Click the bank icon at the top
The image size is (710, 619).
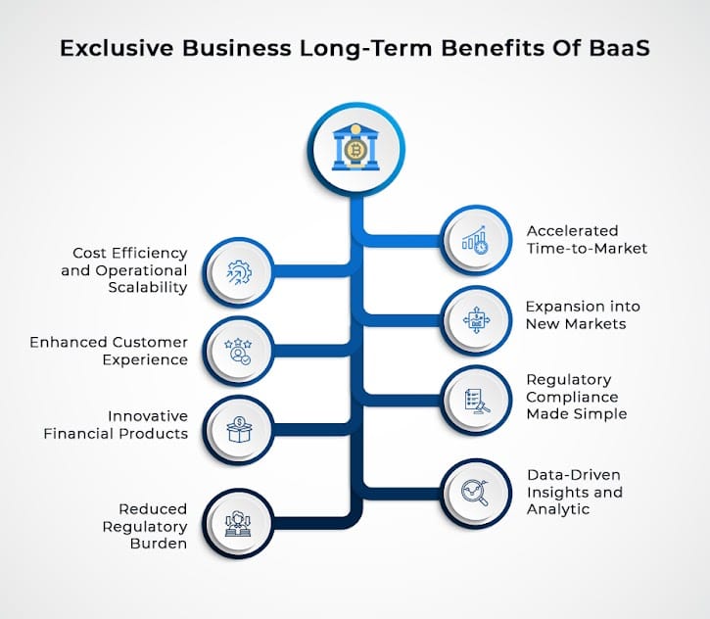(x=355, y=147)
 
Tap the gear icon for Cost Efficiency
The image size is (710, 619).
(x=239, y=271)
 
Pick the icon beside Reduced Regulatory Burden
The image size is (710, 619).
(x=239, y=523)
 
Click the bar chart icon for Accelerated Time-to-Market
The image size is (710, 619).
(x=476, y=239)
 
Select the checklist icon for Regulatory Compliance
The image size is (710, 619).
(x=476, y=399)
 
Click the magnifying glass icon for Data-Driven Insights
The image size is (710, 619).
(x=476, y=489)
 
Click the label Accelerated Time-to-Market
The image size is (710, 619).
(x=587, y=239)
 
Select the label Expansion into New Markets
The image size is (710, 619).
(x=584, y=315)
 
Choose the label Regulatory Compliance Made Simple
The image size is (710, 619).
(x=576, y=396)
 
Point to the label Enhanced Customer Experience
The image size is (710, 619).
(x=109, y=351)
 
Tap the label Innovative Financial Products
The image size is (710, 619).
(x=116, y=425)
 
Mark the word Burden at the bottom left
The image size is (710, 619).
(x=159, y=543)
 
